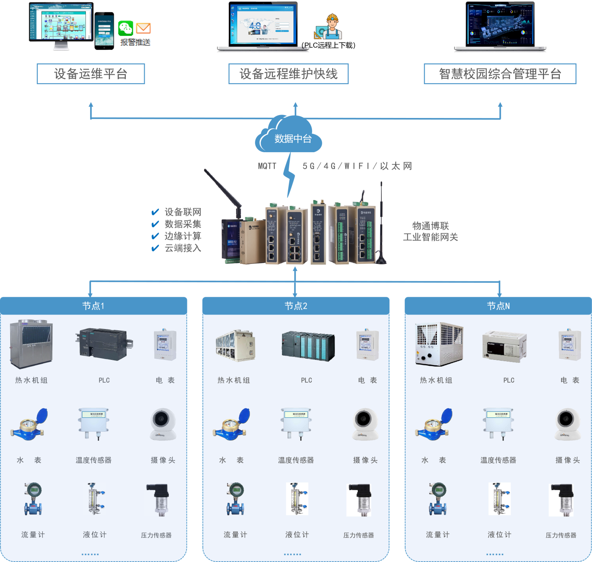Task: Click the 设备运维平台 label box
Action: (91, 74)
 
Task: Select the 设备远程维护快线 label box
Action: (288, 74)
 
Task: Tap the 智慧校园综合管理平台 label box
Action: (500, 74)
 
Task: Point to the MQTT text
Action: (267, 166)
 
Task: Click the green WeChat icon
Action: (126, 29)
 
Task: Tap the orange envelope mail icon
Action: (143, 29)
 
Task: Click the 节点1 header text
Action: (93, 306)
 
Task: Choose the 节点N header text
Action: (498, 306)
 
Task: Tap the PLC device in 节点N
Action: (504, 345)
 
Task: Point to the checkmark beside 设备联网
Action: (155, 212)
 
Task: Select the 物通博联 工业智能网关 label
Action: (430, 231)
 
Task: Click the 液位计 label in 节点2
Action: (297, 535)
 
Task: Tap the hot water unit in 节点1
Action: (31, 344)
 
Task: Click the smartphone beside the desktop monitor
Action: (104, 31)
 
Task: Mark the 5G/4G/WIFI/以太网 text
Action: (357, 166)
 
